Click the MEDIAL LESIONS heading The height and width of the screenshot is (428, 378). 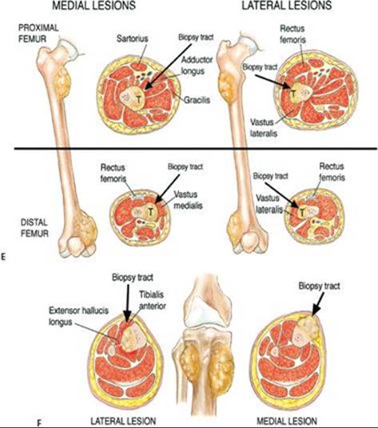(94, 6)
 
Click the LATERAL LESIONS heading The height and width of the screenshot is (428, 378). (287, 5)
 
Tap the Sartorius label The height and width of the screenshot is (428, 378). (133, 38)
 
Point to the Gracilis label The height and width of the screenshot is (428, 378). (197, 100)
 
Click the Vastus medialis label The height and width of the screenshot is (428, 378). (188, 200)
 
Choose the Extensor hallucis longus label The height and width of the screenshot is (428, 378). (78, 316)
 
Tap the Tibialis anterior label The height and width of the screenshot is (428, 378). (152, 300)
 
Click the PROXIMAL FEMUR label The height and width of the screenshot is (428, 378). (38, 34)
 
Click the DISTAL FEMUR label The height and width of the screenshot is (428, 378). (34, 228)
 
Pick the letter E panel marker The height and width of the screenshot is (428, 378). (3, 257)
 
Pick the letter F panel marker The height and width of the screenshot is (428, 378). (40, 423)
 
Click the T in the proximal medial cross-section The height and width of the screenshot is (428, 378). (139, 99)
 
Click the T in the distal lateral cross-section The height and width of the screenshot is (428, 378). (302, 212)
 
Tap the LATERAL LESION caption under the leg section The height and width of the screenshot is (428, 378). (123, 421)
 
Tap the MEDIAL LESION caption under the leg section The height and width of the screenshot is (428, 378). (287, 421)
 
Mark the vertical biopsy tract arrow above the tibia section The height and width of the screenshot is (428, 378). (127, 304)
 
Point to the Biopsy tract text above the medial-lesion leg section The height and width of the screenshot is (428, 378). (319, 286)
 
